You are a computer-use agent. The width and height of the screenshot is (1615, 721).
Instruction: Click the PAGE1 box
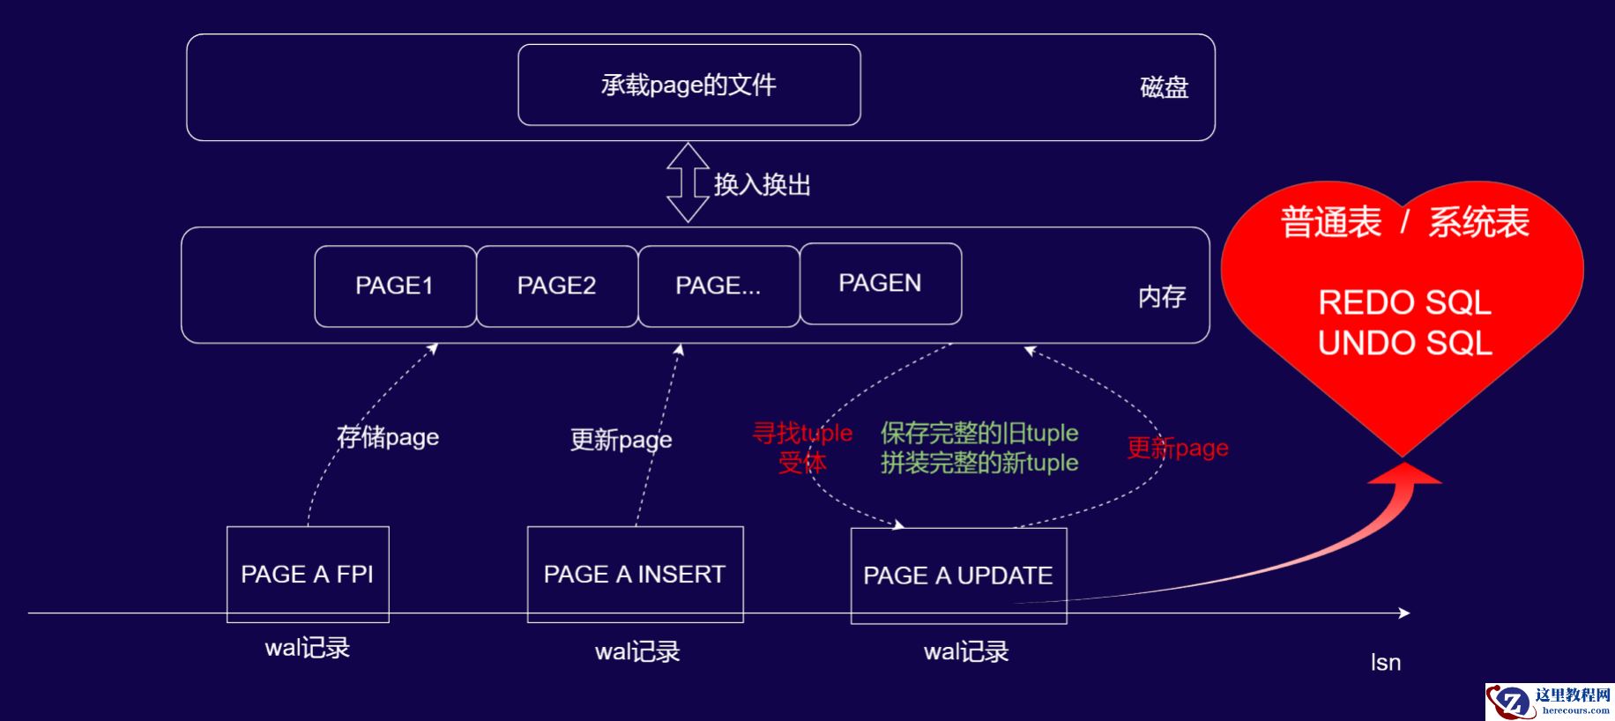(395, 286)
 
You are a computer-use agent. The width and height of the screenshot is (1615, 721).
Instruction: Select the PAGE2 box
(556, 286)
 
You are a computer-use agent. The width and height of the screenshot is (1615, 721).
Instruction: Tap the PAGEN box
(880, 283)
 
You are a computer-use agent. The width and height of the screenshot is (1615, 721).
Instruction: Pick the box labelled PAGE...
(718, 286)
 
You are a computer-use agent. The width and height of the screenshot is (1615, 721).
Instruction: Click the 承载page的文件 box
(688, 85)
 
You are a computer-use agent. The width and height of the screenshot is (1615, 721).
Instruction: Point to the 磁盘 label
(1164, 87)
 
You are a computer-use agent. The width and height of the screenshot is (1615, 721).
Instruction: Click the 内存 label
(1161, 297)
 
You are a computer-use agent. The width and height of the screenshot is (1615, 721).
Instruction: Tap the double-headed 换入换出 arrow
(688, 182)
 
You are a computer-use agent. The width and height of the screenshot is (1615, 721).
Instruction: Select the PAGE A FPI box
(308, 574)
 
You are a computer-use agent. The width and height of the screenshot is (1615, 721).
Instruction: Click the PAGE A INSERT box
(635, 574)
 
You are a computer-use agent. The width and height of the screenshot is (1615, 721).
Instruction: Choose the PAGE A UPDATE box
(958, 576)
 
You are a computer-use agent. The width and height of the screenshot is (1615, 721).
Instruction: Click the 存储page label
(388, 436)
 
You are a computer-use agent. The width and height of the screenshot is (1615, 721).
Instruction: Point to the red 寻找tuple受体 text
(802, 447)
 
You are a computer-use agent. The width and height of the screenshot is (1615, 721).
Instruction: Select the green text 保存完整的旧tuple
(979, 433)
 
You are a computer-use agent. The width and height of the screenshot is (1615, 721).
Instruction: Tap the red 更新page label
(1177, 448)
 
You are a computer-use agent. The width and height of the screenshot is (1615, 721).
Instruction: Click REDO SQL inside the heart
(1404, 302)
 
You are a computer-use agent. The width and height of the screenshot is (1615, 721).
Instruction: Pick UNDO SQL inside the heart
(1404, 343)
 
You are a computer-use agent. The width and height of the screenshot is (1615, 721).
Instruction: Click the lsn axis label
(1385, 662)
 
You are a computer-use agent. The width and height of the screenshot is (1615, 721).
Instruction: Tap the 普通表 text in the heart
(1330, 222)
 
